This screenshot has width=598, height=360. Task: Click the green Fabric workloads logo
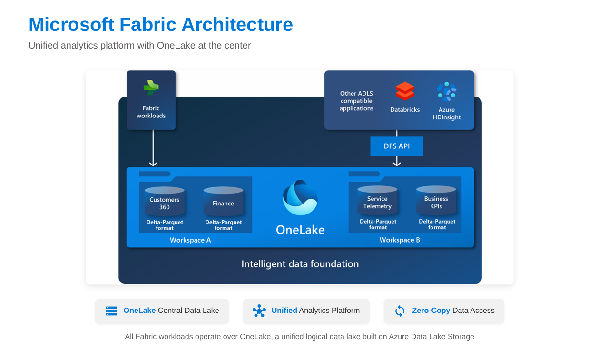pyautogui.click(x=151, y=88)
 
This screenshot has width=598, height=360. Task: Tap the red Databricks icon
pyautogui.click(x=405, y=91)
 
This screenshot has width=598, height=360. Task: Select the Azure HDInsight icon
pyautogui.click(x=447, y=91)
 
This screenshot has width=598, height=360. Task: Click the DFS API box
pyautogui.click(x=396, y=146)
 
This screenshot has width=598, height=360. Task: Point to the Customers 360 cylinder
pyautogui.click(x=165, y=202)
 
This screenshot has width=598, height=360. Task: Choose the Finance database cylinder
pyautogui.click(x=223, y=202)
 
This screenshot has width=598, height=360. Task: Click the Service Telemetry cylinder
pyautogui.click(x=377, y=200)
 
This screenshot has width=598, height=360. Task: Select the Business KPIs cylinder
pyautogui.click(x=436, y=200)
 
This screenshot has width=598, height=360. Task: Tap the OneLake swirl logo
pyautogui.click(x=300, y=197)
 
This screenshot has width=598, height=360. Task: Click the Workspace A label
pyautogui.click(x=190, y=240)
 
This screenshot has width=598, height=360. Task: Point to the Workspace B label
pyautogui.click(x=400, y=240)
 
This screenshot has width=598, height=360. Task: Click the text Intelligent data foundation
pyautogui.click(x=300, y=264)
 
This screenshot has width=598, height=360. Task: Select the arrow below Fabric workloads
pyautogui.click(x=153, y=148)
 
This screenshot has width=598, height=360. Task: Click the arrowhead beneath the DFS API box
pyautogui.click(x=397, y=163)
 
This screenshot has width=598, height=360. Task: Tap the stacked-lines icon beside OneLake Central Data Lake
pyautogui.click(x=111, y=311)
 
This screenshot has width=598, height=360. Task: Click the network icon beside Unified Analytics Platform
pyautogui.click(x=259, y=311)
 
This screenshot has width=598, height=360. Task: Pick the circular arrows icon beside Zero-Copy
pyautogui.click(x=400, y=311)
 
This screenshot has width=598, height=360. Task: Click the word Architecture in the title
pyautogui.click(x=237, y=25)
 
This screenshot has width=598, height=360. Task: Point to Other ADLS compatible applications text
pyautogui.click(x=356, y=101)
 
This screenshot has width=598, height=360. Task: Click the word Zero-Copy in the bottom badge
pyautogui.click(x=431, y=311)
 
